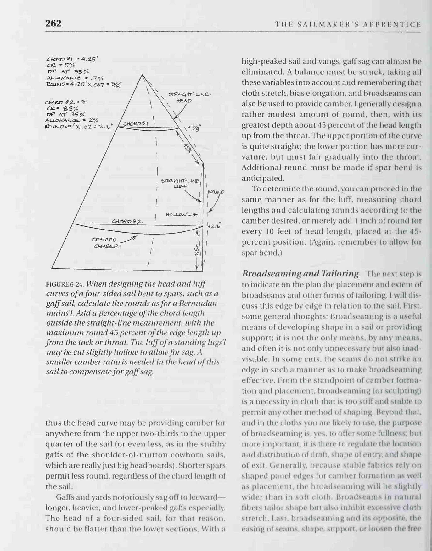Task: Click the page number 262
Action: pos(53,24)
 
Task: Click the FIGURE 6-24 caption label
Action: pos(65,284)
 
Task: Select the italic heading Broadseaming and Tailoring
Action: pos(300,274)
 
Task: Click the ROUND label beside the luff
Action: pos(216,192)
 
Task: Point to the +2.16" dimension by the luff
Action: pos(214,226)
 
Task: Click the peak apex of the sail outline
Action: pos(143,75)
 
